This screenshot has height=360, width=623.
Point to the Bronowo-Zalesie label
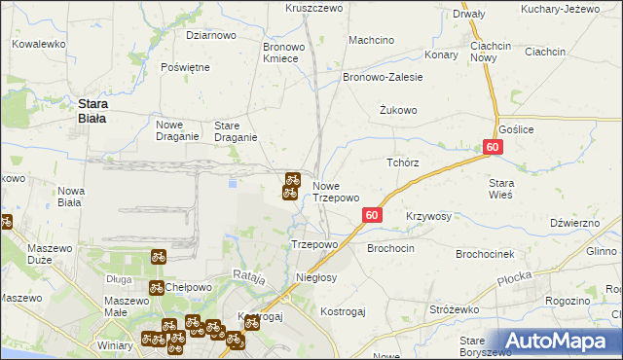tap(383, 77)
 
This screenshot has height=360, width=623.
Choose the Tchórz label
tap(403, 162)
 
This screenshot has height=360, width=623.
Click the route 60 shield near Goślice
tap(493, 147)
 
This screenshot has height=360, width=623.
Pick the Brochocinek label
tap(492, 254)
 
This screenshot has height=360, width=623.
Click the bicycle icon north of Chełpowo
tap(158, 258)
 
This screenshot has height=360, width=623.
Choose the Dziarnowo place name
tap(211, 35)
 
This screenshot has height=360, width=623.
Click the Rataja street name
tap(249, 278)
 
